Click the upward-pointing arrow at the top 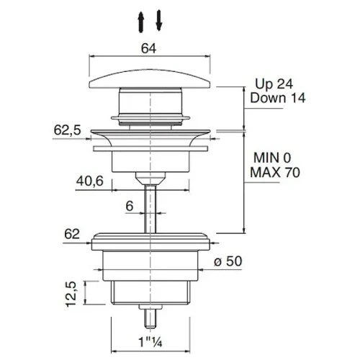141,22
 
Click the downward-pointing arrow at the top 159,20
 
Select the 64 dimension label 148,48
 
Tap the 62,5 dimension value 68,130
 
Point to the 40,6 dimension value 90,181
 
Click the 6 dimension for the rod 130,206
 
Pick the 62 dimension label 72,234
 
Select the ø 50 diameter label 228,261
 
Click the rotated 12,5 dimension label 71,294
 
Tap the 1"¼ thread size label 150,342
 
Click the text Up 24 274,84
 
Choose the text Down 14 278,98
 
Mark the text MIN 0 272,158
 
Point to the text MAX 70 275,172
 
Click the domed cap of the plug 150,79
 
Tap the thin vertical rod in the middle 150,209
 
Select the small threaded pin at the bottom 150,317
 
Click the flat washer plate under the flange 150,148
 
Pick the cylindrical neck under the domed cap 150,102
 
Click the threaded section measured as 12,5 150,292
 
